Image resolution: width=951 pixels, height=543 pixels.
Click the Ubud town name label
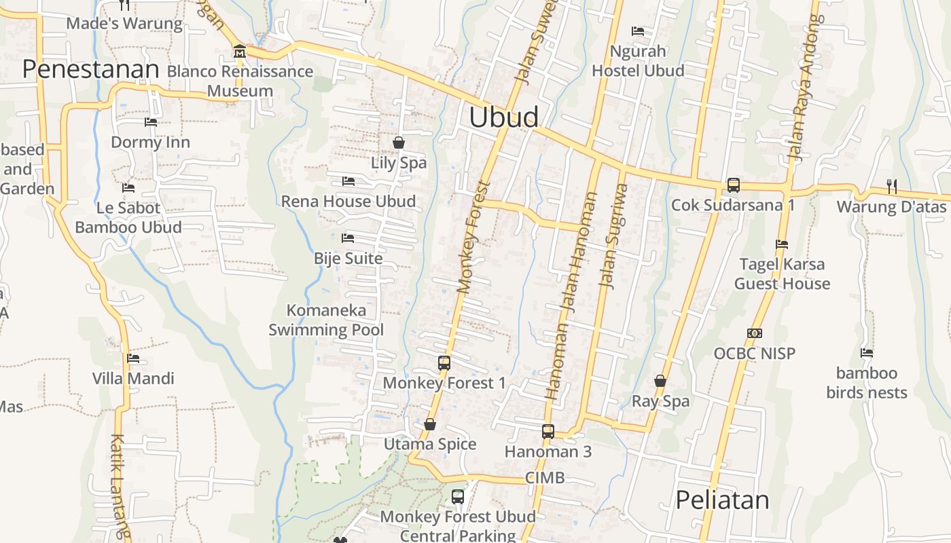click(503, 117)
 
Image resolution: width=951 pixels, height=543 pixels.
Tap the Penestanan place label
click(90, 69)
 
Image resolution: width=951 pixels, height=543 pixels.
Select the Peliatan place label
click(722, 500)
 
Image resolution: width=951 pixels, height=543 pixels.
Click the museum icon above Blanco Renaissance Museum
click(239, 52)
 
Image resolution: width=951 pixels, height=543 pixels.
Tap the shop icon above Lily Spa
click(399, 143)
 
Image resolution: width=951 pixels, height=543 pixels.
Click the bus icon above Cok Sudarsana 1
click(733, 185)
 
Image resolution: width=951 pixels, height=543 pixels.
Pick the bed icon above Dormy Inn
click(151, 122)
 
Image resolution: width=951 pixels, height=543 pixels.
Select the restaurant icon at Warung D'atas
click(892, 186)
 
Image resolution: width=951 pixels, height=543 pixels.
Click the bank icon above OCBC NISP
click(754, 333)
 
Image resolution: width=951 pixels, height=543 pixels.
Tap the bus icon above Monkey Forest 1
click(444, 362)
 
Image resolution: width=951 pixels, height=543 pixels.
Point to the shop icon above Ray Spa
click(660, 381)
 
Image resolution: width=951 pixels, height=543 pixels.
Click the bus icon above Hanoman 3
click(548, 431)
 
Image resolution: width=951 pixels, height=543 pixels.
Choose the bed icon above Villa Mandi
click(133, 358)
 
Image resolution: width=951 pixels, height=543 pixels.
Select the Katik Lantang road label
click(120, 485)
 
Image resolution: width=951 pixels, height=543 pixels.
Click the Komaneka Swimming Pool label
click(326, 320)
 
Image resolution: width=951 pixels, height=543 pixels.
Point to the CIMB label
click(545, 478)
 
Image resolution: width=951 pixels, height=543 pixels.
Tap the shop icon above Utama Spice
click(430, 424)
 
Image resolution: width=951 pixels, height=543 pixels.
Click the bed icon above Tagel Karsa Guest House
click(782, 244)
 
